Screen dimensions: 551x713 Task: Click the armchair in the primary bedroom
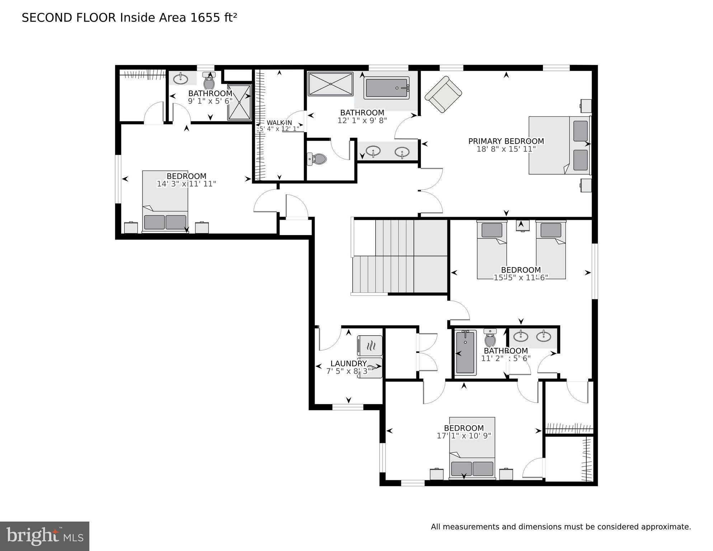click(x=443, y=94)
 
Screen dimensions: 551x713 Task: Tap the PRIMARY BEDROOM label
click(x=506, y=141)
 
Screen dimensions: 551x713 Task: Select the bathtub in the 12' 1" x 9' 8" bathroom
click(x=386, y=88)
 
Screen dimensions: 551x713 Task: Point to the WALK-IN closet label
click(x=279, y=123)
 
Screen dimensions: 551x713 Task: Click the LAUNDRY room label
click(x=348, y=364)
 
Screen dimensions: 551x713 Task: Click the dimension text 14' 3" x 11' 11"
click(x=186, y=184)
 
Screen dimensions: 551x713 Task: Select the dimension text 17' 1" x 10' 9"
click(x=464, y=436)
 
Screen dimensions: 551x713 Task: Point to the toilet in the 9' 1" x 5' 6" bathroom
click(x=209, y=82)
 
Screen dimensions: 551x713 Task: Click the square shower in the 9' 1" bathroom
click(x=239, y=102)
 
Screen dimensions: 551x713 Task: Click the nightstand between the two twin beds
click(x=522, y=225)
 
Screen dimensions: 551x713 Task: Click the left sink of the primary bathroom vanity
click(x=373, y=151)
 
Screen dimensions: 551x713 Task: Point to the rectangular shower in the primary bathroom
click(x=330, y=84)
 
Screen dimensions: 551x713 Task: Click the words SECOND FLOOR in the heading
click(x=69, y=18)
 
